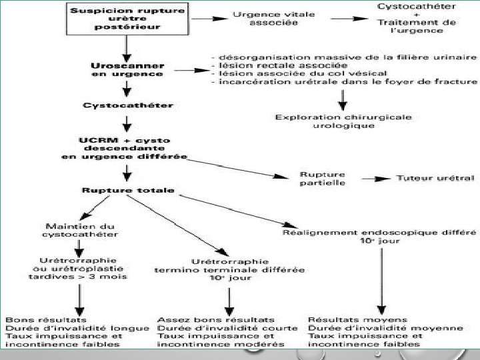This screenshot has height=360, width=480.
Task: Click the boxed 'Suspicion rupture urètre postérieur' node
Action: pos(127,19)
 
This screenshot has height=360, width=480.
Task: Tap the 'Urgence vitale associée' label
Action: pos(274,19)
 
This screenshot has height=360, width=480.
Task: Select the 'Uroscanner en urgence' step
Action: pos(127,70)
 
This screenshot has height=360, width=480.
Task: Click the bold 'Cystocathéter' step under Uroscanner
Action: pos(128,105)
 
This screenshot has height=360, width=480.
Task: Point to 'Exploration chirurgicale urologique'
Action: pos(343,121)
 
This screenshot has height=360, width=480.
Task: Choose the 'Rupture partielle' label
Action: pos(323,179)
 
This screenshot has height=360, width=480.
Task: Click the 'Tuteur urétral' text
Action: pos(435,178)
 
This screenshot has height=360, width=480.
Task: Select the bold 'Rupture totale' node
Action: pos(128,190)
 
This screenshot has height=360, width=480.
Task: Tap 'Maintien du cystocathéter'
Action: pos(80,230)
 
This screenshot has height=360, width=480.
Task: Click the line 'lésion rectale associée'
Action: pos(279,65)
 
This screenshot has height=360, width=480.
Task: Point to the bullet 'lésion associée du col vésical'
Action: pos(299,73)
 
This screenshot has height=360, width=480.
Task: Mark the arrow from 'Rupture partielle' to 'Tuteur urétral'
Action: pos(376,179)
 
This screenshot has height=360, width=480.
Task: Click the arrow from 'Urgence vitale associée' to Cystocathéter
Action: pos(349,19)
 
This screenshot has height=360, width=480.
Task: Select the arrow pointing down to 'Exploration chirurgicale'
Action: pos(343,100)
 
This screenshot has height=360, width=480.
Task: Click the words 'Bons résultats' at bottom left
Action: pos(46,320)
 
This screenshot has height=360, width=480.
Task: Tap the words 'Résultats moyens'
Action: pos(357,320)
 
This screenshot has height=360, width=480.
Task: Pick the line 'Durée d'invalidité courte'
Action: pos(227,328)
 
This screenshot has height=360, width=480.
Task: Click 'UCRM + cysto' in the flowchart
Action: pos(124,141)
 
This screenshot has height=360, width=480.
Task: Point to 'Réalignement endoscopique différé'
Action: pos(379,233)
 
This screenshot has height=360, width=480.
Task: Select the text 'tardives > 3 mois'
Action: pos(78,277)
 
